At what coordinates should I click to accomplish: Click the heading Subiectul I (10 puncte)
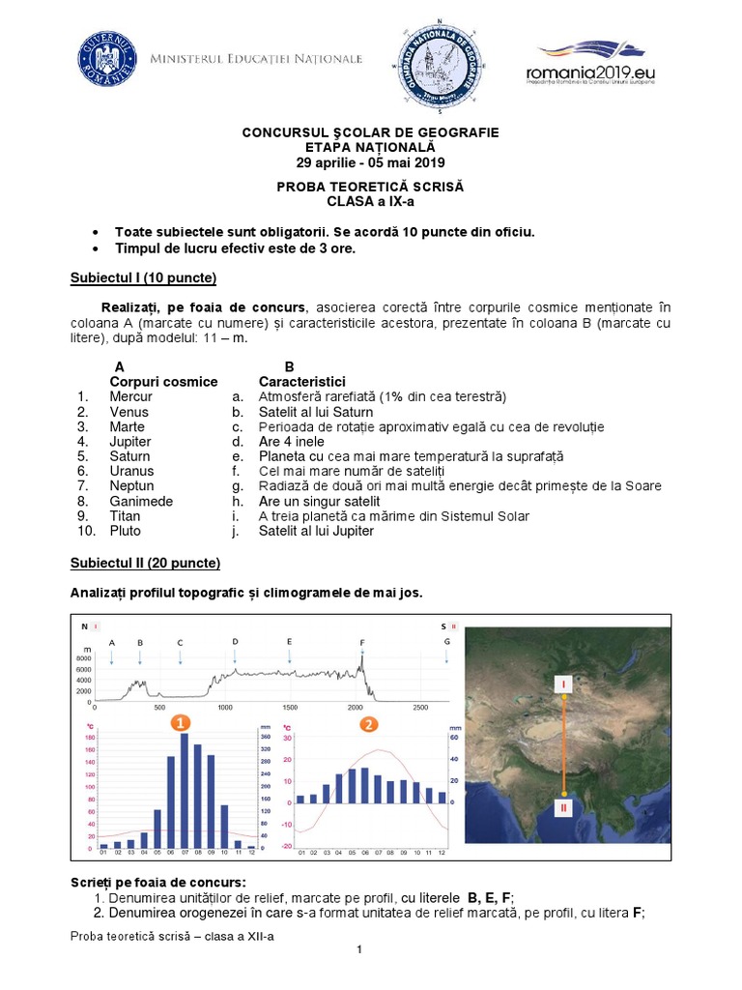click(143, 278)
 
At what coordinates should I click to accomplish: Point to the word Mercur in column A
click(130, 396)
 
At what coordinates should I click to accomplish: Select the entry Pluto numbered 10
click(125, 531)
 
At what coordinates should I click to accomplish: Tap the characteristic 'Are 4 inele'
click(291, 441)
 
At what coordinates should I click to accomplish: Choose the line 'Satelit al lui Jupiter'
click(316, 531)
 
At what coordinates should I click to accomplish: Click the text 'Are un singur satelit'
click(319, 501)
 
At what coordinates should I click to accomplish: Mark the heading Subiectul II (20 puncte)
click(145, 562)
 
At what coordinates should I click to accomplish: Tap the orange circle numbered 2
click(367, 723)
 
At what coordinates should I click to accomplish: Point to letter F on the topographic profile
click(362, 642)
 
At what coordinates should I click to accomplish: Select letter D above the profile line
click(235, 641)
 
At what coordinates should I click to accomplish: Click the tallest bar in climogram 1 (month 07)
click(184, 791)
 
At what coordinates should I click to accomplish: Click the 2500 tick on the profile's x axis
click(420, 708)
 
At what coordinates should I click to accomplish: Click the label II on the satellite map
click(563, 806)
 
